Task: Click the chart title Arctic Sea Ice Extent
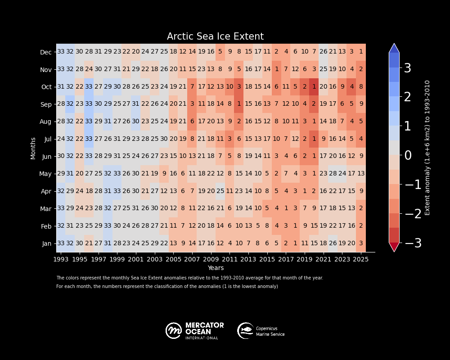(215, 37)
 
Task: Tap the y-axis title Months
(33, 148)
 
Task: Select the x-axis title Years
(216, 268)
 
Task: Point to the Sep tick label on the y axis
(46, 104)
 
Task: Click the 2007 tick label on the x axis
(192, 260)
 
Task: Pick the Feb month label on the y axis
(46, 225)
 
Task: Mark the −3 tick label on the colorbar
(413, 243)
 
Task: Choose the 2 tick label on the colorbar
(407, 97)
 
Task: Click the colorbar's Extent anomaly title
(427, 148)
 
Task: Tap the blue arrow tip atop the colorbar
(394, 48)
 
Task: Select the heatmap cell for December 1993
(61, 52)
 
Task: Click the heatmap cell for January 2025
(361, 243)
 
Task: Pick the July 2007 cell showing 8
(192, 139)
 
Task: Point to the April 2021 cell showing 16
(323, 191)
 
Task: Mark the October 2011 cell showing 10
(229, 87)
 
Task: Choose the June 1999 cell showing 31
(117, 156)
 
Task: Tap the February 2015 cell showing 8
(267, 226)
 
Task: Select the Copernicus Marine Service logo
(261, 331)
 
